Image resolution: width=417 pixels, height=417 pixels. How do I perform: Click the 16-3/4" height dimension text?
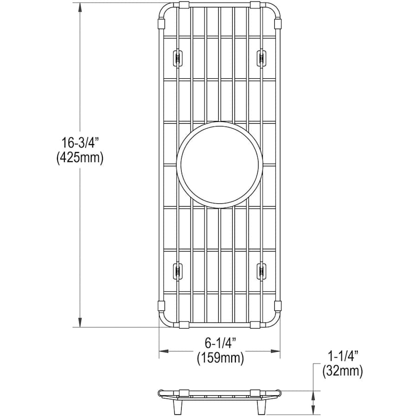click(80, 143)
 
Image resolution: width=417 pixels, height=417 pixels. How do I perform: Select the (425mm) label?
click(80, 158)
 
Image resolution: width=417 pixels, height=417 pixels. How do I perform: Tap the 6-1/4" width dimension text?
click(221, 343)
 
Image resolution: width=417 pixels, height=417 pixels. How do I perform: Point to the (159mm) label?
click(220, 358)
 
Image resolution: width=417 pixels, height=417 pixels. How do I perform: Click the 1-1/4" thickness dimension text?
click(342, 356)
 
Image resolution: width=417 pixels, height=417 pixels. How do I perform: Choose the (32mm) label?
click(342, 371)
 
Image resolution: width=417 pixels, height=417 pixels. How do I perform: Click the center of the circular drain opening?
click(220, 165)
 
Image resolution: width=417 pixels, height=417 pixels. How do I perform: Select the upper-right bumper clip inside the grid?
click(261, 58)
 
